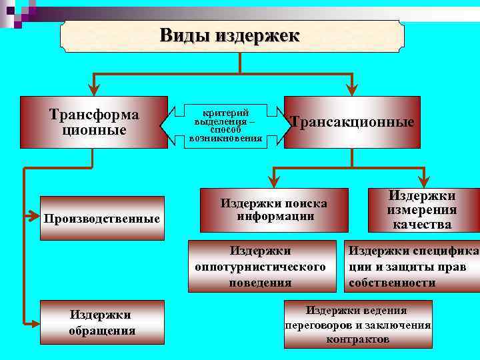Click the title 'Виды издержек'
point(230,35)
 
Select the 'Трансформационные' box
point(94,122)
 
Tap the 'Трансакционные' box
point(351,122)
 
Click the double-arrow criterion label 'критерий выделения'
point(225,125)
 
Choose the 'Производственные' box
point(101,218)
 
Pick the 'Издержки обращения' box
point(101,322)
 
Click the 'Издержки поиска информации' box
point(273,209)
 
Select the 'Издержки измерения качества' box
point(422,210)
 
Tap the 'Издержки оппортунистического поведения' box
point(261,266)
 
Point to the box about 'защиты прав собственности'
point(412,266)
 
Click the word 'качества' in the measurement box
point(422,225)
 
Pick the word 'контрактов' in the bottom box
point(358,339)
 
